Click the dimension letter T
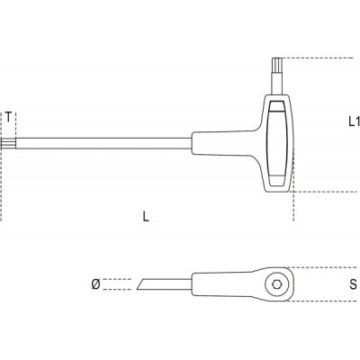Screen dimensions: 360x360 point(9,117)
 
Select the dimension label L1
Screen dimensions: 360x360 point(354,121)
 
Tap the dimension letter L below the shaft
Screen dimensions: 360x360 point(146,216)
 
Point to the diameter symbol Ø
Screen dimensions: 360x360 point(95,284)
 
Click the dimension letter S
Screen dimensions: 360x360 point(354,283)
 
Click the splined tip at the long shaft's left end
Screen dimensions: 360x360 point(8,143)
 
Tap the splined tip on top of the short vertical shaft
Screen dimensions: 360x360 point(277,64)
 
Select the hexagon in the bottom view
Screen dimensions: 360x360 point(277,283)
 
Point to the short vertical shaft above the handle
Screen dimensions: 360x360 point(277,83)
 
